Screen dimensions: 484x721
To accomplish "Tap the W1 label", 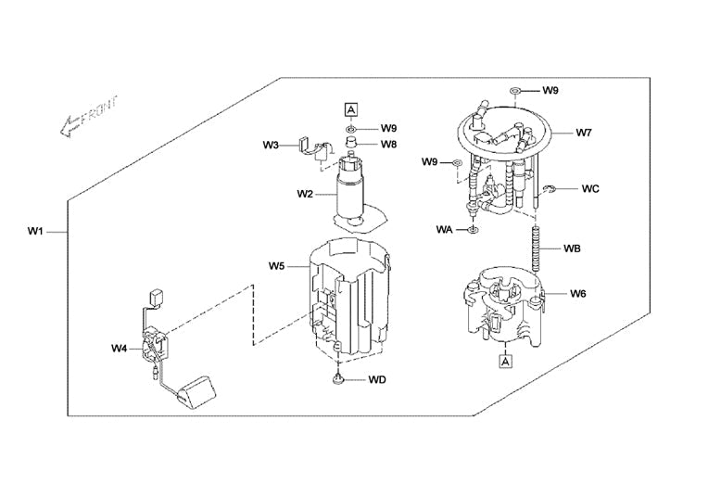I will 35,230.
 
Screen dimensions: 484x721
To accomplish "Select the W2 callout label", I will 306,194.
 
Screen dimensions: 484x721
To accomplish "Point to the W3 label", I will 270,146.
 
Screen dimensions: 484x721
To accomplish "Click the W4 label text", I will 119,349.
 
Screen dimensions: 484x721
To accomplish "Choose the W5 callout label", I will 277,266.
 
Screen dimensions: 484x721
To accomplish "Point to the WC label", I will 590,188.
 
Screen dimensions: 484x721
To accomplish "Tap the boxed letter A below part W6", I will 505,362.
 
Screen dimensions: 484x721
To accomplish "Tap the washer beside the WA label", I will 473,228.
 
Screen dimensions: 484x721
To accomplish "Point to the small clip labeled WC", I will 550,190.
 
